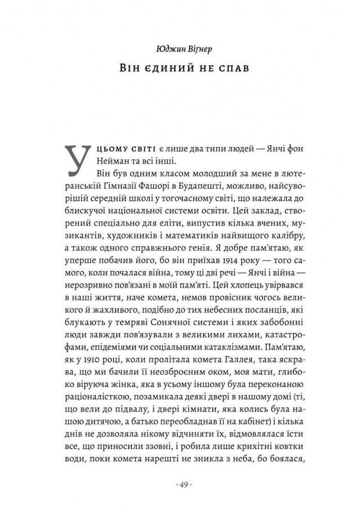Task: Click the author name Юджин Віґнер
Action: click(179, 50)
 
